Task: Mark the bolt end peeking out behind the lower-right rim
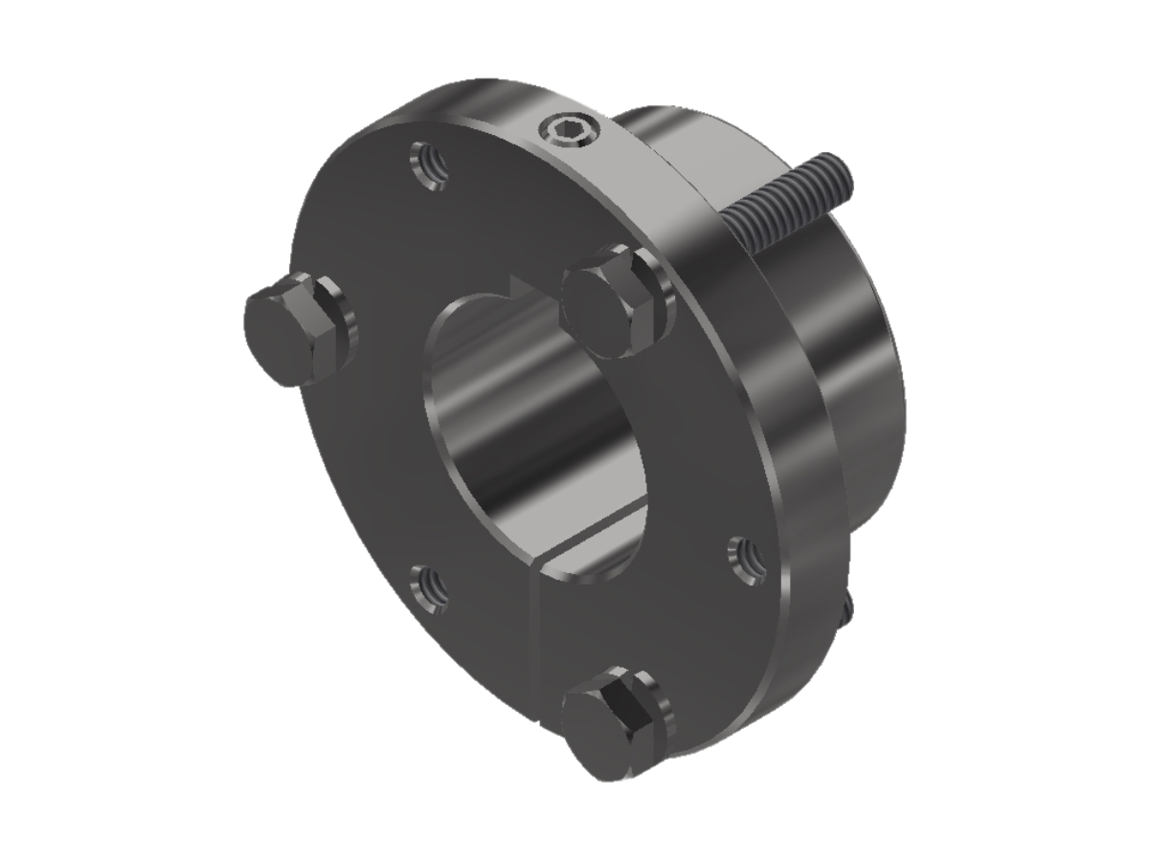[x=847, y=608]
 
